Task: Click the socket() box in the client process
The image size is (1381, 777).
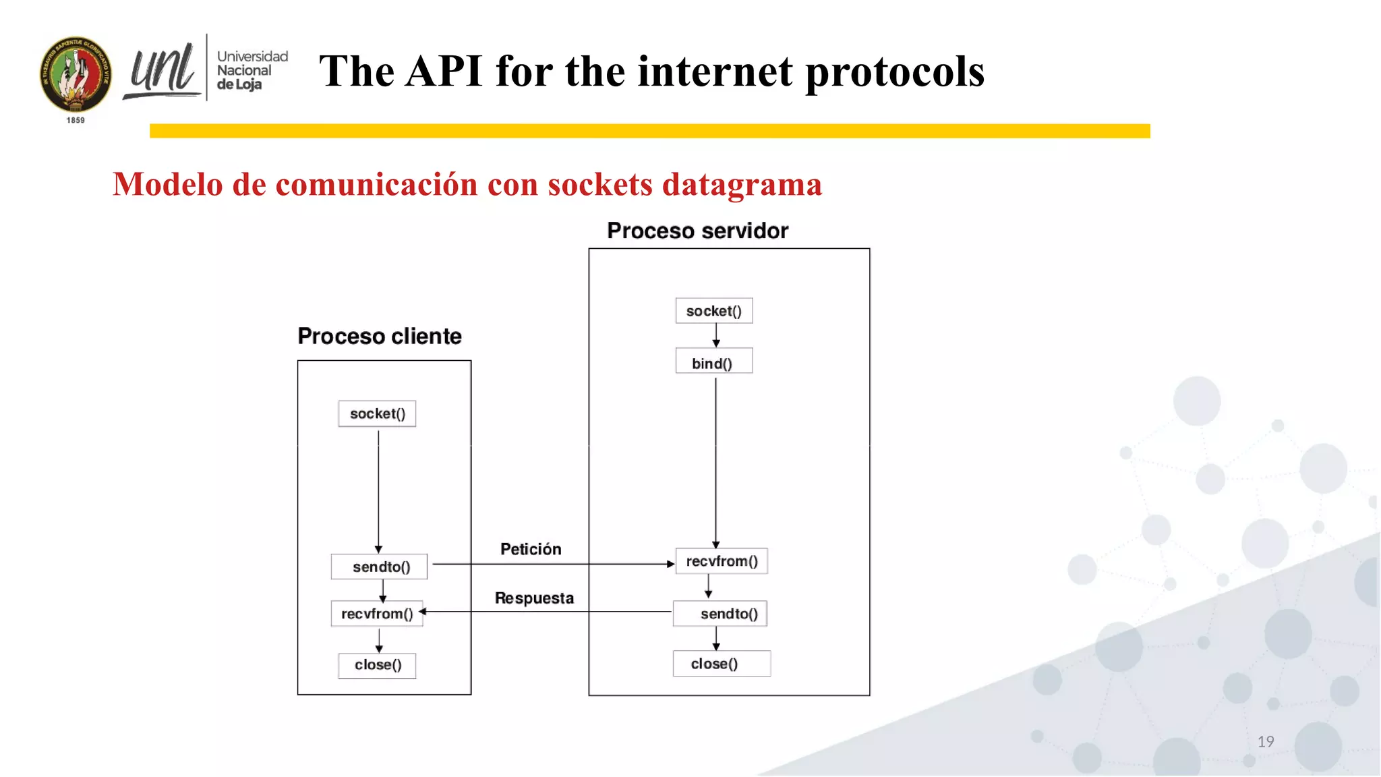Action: pos(377,413)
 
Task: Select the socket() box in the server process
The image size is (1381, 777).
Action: pos(713,311)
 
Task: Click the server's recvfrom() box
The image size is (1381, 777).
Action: pos(722,561)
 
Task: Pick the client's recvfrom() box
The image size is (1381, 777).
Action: pos(376,614)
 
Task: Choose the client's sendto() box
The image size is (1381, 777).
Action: pos(379,567)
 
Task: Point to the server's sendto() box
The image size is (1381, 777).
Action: pos(720,614)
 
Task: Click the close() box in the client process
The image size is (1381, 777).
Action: pos(377,665)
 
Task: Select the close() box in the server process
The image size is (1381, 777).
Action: pos(721,664)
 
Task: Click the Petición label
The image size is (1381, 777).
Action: pos(531,549)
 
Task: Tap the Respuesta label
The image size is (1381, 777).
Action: pos(534,598)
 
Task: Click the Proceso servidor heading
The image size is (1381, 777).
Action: pos(697,231)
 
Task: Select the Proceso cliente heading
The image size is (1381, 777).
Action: pos(380,336)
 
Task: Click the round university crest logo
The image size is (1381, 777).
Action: pos(76,74)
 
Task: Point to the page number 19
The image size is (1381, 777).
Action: pos(1265,741)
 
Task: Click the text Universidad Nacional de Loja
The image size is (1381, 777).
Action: pos(252,70)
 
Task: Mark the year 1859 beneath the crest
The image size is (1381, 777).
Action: pos(76,120)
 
